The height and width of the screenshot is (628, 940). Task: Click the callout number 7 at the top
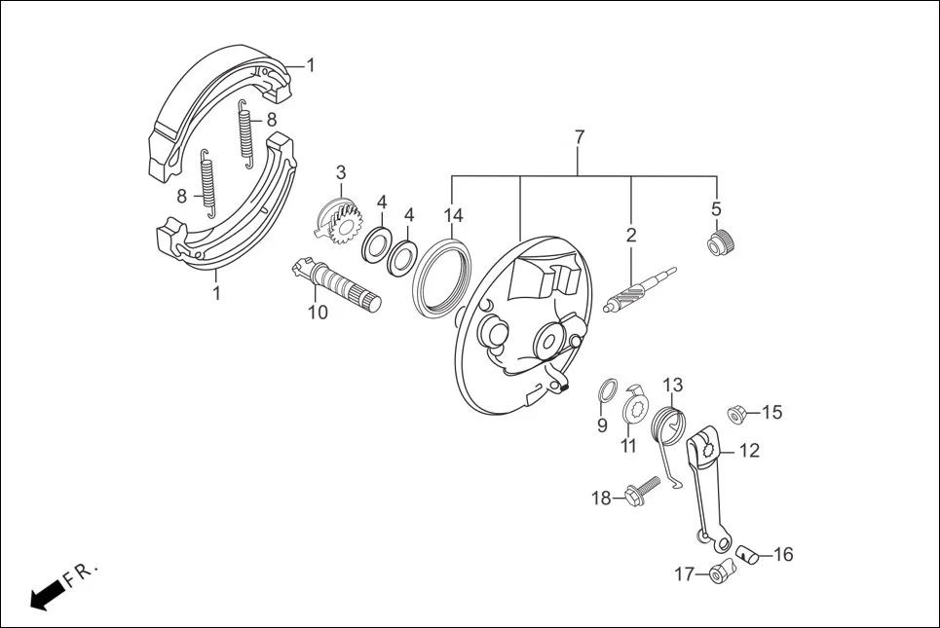pos(580,137)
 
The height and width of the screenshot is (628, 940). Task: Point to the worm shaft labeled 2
pos(638,288)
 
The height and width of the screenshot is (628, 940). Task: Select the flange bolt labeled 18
pos(646,494)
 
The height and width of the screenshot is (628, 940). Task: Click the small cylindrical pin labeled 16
pos(748,555)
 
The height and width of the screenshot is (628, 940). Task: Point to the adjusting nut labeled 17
pos(721,573)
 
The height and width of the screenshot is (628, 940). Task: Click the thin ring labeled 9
pos(605,391)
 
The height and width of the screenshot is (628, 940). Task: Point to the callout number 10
pos(319,313)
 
